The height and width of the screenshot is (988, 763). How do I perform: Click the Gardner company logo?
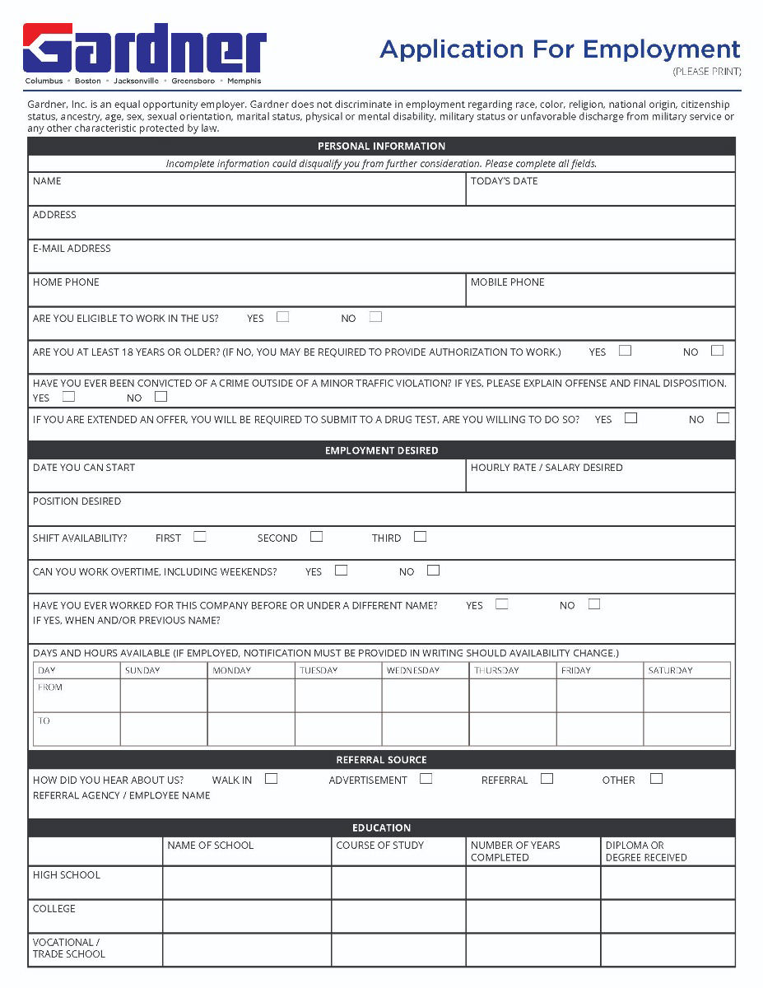tap(144, 52)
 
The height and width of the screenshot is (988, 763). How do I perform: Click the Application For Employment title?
tap(560, 49)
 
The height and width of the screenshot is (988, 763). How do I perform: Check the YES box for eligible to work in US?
tap(282, 317)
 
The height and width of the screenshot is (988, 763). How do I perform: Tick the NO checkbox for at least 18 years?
tap(717, 351)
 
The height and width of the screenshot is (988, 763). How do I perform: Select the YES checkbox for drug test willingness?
tap(630, 418)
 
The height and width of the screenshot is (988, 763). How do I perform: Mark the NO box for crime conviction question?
tap(161, 397)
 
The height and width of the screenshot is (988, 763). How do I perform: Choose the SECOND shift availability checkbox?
tap(316, 537)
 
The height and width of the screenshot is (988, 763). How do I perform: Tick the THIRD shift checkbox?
tap(420, 537)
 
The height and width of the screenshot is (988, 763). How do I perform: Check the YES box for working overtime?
tap(341, 571)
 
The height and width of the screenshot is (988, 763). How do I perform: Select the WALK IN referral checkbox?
tap(271, 779)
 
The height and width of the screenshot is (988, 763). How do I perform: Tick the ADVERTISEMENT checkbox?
tap(426, 779)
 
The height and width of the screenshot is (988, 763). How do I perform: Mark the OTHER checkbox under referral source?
tap(656, 779)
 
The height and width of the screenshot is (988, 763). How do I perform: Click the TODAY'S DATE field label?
tap(504, 181)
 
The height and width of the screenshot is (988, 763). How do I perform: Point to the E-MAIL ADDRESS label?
tap(72, 249)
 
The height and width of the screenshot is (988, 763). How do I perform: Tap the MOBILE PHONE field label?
tap(507, 282)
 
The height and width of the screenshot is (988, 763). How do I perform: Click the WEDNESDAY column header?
tap(413, 670)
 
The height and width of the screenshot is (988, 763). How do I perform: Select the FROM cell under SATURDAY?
tap(686, 696)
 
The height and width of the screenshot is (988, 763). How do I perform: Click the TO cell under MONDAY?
tap(250, 729)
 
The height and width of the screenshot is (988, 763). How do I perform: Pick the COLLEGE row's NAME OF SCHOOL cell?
tap(247, 916)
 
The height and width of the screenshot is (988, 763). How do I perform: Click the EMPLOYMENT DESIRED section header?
tap(381, 450)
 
